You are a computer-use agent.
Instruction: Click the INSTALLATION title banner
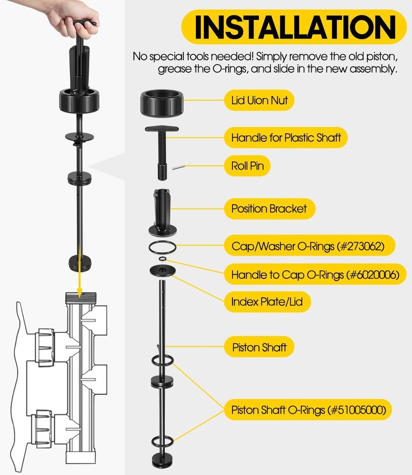pyautogui.click(x=294, y=27)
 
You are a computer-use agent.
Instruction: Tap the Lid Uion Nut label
pyautogui.click(x=259, y=100)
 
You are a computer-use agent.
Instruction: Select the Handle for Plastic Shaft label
pyautogui.click(x=286, y=138)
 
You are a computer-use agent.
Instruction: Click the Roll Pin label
pyautogui.click(x=248, y=166)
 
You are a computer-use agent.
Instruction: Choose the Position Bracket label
pyautogui.click(x=269, y=209)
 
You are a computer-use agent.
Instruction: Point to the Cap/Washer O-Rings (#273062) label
pyautogui.click(x=309, y=246)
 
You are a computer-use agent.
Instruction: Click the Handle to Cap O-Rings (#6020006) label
pyautogui.click(x=315, y=274)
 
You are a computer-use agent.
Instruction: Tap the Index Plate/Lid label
pyautogui.click(x=268, y=302)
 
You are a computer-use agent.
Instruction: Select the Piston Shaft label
pyautogui.click(x=259, y=347)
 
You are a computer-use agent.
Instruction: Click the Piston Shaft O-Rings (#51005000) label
pyautogui.click(x=308, y=409)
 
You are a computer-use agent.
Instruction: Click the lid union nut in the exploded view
pyautogui.click(x=162, y=103)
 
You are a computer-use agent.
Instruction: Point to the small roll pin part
pyautogui.click(x=178, y=167)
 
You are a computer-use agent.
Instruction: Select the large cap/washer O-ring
pyautogui.click(x=163, y=241)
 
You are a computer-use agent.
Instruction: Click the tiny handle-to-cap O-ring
pyautogui.click(x=163, y=259)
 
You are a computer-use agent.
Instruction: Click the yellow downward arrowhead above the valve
pyautogui.click(x=79, y=293)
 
